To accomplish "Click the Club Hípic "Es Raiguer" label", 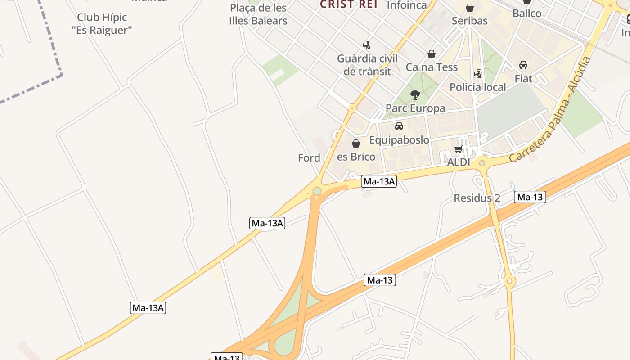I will pyautogui.click(x=102, y=24).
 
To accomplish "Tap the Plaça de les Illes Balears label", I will pyautogui.click(x=258, y=14).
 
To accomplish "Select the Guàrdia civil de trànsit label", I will pyautogui.click(x=367, y=65).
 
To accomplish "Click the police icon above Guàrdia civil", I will pyautogui.click(x=367, y=45).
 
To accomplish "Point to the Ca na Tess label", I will pyautogui.click(x=432, y=67).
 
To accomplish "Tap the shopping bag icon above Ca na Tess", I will pyautogui.click(x=432, y=54).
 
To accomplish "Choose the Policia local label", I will pyautogui.click(x=478, y=87).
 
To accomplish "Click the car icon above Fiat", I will pyautogui.click(x=523, y=65).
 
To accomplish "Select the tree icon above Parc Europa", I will pyautogui.click(x=415, y=94).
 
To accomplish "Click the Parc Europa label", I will pyautogui.click(x=415, y=108).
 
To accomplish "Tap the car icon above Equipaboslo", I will pyautogui.click(x=399, y=126).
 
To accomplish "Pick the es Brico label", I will pyautogui.click(x=356, y=157).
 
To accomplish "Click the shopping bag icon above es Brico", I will pyautogui.click(x=356, y=144).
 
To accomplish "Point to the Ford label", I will pyautogui.click(x=309, y=158).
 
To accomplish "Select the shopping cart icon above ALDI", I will pyautogui.click(x=459, y=149).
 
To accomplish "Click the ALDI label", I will pyautogui.click(x=459, y=162).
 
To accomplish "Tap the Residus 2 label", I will pyautogui.click(x=477, y=198).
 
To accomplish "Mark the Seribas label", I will pyautogui.click(x=469, y=21).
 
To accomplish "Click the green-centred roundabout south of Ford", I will pyautogui.click(x=317, y=192).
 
